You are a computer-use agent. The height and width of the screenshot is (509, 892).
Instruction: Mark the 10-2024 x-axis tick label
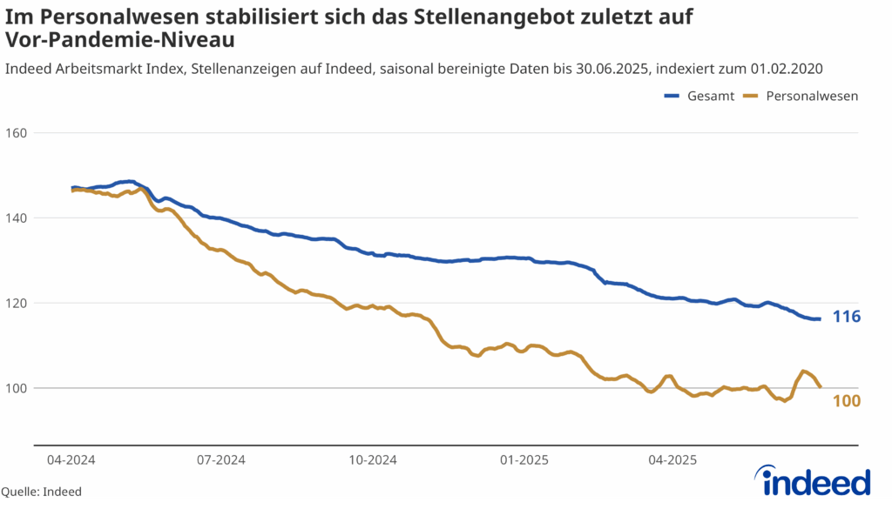click(372, 459)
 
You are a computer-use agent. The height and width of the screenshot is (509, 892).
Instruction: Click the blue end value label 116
click(847, 317)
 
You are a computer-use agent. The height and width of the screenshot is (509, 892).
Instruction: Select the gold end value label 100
click(847, 401)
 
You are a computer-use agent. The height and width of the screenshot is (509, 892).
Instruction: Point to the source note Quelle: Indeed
click(41, 492)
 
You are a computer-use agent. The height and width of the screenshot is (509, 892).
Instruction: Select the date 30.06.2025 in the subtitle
click(615, 68)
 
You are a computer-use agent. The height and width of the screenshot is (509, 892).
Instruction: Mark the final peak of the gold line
click(803, 372)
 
